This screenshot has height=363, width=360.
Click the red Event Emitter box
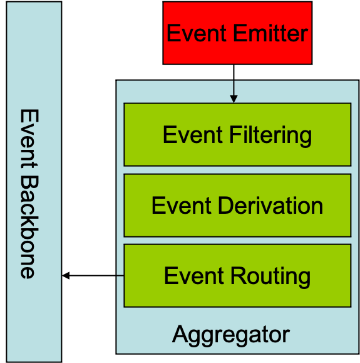coord(237,33)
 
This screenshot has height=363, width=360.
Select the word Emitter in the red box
coord(270,33)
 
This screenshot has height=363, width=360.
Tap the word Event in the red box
coord(197,33)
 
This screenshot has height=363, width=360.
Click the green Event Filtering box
coord(237,135)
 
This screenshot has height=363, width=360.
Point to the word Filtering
coord(270,135)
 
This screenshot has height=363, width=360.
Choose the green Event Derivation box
coord(237,206)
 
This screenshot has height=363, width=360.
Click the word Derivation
coord(270,206)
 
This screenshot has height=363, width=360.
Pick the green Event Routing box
coord(237,276)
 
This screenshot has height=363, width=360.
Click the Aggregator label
coord(231,335)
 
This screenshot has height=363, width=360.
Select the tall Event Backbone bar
coord(34,182)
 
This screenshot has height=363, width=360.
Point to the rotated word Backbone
coord(29,227)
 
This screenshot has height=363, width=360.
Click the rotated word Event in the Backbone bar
coord(29,139)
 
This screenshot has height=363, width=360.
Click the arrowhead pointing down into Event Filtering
coord(234,99)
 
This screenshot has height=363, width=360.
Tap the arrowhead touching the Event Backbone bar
coord(66,276)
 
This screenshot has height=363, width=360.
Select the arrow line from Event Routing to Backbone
coord(93,276)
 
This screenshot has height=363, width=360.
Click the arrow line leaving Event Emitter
coord(234,84)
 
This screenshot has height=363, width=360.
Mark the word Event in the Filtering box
coord(193,135)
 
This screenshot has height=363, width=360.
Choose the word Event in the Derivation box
coord(182,206)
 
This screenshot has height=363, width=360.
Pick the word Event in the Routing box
coord(194,276)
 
